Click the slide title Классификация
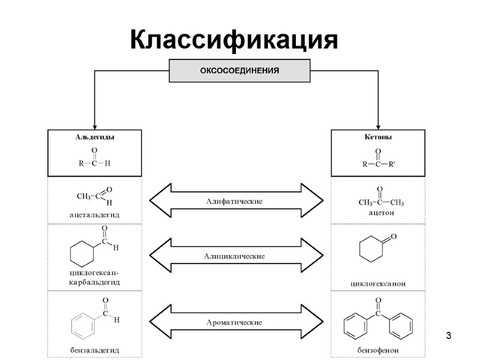click(x=234, y=40)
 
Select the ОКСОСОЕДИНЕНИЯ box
click(x=239, y=71)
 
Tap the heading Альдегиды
click(x=95, y=137)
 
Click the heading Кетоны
click(x=378, y=137)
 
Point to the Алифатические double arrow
click(x=236, y=200)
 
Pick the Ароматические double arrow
click(x=236, y=322)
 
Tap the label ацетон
click(x=377, y=212)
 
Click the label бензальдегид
click(x=94, y=349)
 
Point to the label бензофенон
click(x=379, y=349)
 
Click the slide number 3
click(x=448, y=334)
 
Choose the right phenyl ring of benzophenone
click(x=401, y=327)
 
